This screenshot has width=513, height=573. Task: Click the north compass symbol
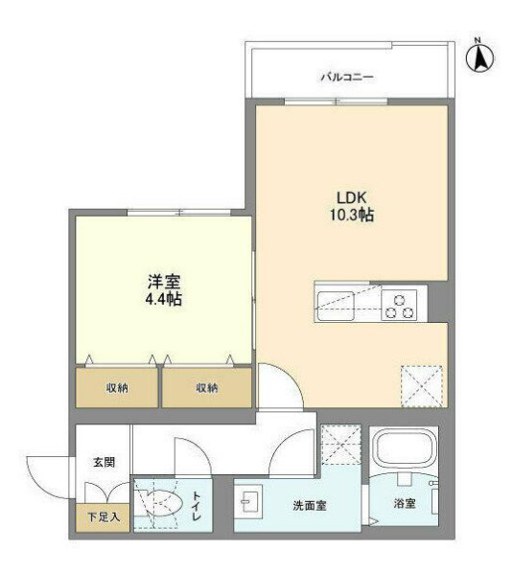tap(479, 57)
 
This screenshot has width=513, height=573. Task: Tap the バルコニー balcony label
tap(347, 78)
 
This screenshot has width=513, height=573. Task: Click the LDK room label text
tap(351, 197)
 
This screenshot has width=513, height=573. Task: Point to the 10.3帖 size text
tap(352, 216)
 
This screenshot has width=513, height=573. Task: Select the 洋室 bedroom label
tap(163, 282)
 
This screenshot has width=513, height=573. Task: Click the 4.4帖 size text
tap(163, 300)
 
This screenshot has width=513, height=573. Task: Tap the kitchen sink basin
tap(336, 306)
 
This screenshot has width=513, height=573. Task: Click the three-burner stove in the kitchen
tap(399, 305)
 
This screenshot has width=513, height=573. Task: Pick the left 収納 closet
tap(117, 388)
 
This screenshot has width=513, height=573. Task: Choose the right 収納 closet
tap(207, 388)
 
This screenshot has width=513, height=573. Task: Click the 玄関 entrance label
tap(105, 462)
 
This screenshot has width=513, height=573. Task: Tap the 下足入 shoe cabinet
tap(103, 517)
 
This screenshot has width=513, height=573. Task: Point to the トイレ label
tap(197, 506)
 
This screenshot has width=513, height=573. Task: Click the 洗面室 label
tap(310, 506)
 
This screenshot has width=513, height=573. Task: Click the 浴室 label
tap(405, 504)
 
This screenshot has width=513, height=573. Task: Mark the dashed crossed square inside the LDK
tap(422, 386)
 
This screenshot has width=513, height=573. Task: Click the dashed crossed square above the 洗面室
tap(341, 445)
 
